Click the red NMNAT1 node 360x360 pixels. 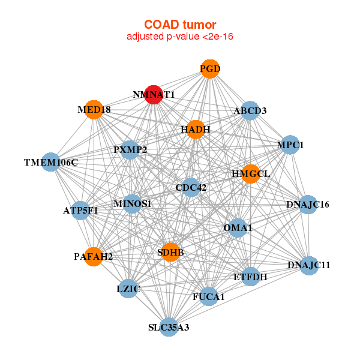pos(154,94)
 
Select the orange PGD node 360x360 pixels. pos(209,69)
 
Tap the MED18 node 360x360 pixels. pos(94,110)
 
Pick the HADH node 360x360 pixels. pos(196,129)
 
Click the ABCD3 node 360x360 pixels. pos(250,111)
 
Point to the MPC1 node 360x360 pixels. pos(290,145)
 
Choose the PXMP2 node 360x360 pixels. pos(130,149)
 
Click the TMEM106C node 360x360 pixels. pos(52,162)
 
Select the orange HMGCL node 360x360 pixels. pos(250,174)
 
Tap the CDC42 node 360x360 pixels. pos(191,188)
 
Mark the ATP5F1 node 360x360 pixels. pos(80,210)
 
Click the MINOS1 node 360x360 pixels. pos(132,204)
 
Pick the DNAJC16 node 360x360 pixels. pos(308,205)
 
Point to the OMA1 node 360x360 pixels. pos(238,227)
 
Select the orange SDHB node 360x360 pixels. pos(170,253)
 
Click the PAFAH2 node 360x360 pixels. pos(94,256)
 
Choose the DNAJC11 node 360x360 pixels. pos(308,265)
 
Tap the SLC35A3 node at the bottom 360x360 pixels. pos(169,327)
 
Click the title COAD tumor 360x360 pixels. pos(179,25)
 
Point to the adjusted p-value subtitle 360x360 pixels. pos(179,37)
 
